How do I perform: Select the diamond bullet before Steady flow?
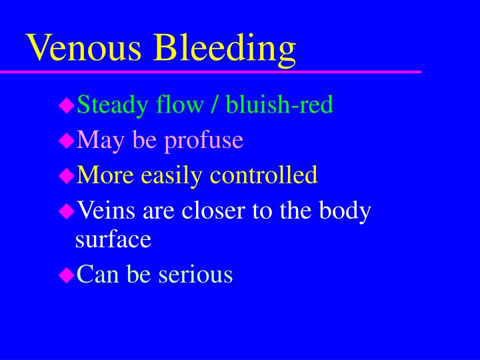66,105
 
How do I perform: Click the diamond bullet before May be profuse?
66,141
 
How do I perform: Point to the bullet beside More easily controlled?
66,176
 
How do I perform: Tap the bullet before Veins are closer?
66,211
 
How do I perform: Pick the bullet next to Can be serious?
66,274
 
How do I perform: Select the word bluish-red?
279,104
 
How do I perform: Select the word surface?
114,240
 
